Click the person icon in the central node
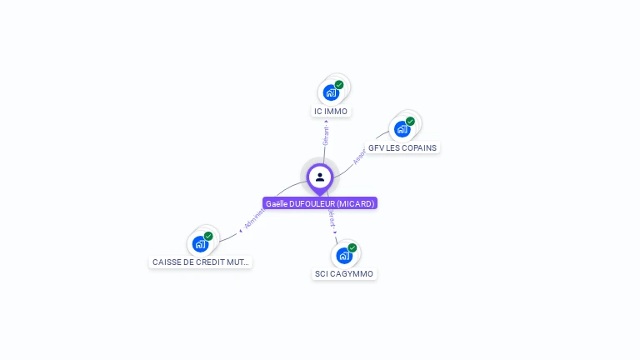coord(320,177)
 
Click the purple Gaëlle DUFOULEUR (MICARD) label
coord(320,203)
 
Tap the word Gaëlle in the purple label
coord(277,203)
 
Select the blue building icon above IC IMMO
coord(330,92)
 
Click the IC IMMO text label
coord(331,112)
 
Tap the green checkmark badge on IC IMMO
coord(339,85)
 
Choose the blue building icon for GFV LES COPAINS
coord(402,129)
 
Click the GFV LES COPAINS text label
coord(402,148)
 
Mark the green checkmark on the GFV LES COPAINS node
coord(410,122)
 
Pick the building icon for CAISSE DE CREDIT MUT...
coord(200,243)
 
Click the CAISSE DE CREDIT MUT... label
coord(200,262)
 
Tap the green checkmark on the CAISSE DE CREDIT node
coord(208,236)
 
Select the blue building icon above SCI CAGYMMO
coord(343,255)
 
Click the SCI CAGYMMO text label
coord(344,274)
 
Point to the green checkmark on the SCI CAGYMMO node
coord(352,247)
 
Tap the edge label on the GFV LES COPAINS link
coord(359,157)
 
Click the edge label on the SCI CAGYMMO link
coord(332,219)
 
